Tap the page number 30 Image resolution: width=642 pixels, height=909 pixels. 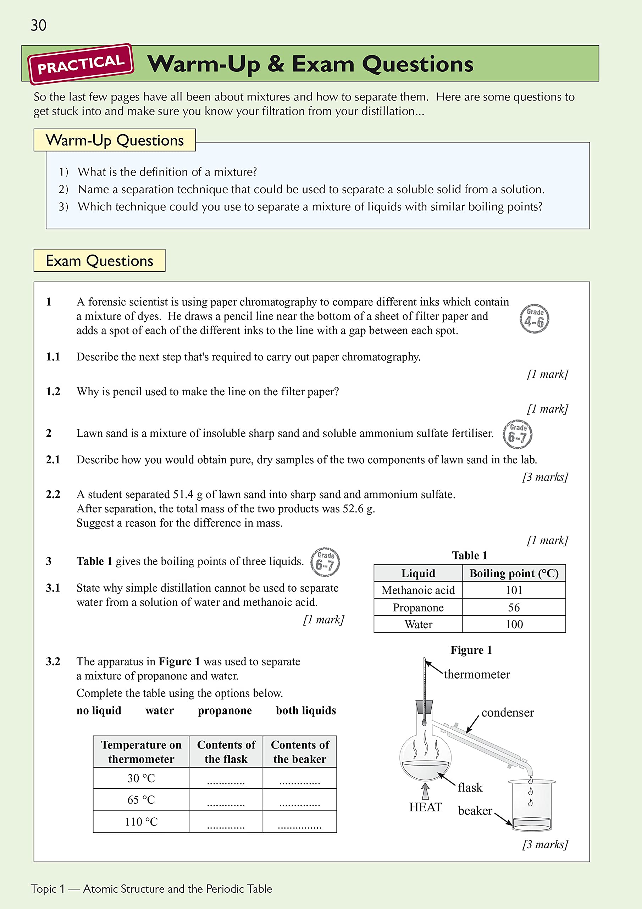coord(38,25)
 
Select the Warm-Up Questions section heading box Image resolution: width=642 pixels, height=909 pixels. coord(114,140)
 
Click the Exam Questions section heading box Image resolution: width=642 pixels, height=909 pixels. coord(99,261)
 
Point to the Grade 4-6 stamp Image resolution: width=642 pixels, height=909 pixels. coord(534,319)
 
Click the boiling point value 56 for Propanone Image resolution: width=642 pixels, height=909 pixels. coord(514,607)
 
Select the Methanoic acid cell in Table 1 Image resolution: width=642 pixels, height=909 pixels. coord(418,590)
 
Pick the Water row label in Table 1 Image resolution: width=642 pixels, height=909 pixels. coord(418,624)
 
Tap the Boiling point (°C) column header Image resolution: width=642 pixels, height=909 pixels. coord(514,573)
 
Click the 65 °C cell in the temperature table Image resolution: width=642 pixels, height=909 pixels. coord(141,800)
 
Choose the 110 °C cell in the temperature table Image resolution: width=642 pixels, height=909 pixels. coord(141,822)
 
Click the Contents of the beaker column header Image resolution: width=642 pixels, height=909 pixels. coord(299,752)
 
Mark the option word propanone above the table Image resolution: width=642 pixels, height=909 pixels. coord(225,711)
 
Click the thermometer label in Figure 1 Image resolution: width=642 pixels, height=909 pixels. coord(477,674)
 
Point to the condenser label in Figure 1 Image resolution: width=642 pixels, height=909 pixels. coord(507,713)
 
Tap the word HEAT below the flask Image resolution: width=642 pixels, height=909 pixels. coord(425,807)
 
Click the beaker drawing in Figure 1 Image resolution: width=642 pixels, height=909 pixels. coord(531,806)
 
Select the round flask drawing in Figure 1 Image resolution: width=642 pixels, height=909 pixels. coord(425,762)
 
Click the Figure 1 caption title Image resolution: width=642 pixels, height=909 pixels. coord(471,650)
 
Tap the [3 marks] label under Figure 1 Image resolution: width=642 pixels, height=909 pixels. coord(545,844)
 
